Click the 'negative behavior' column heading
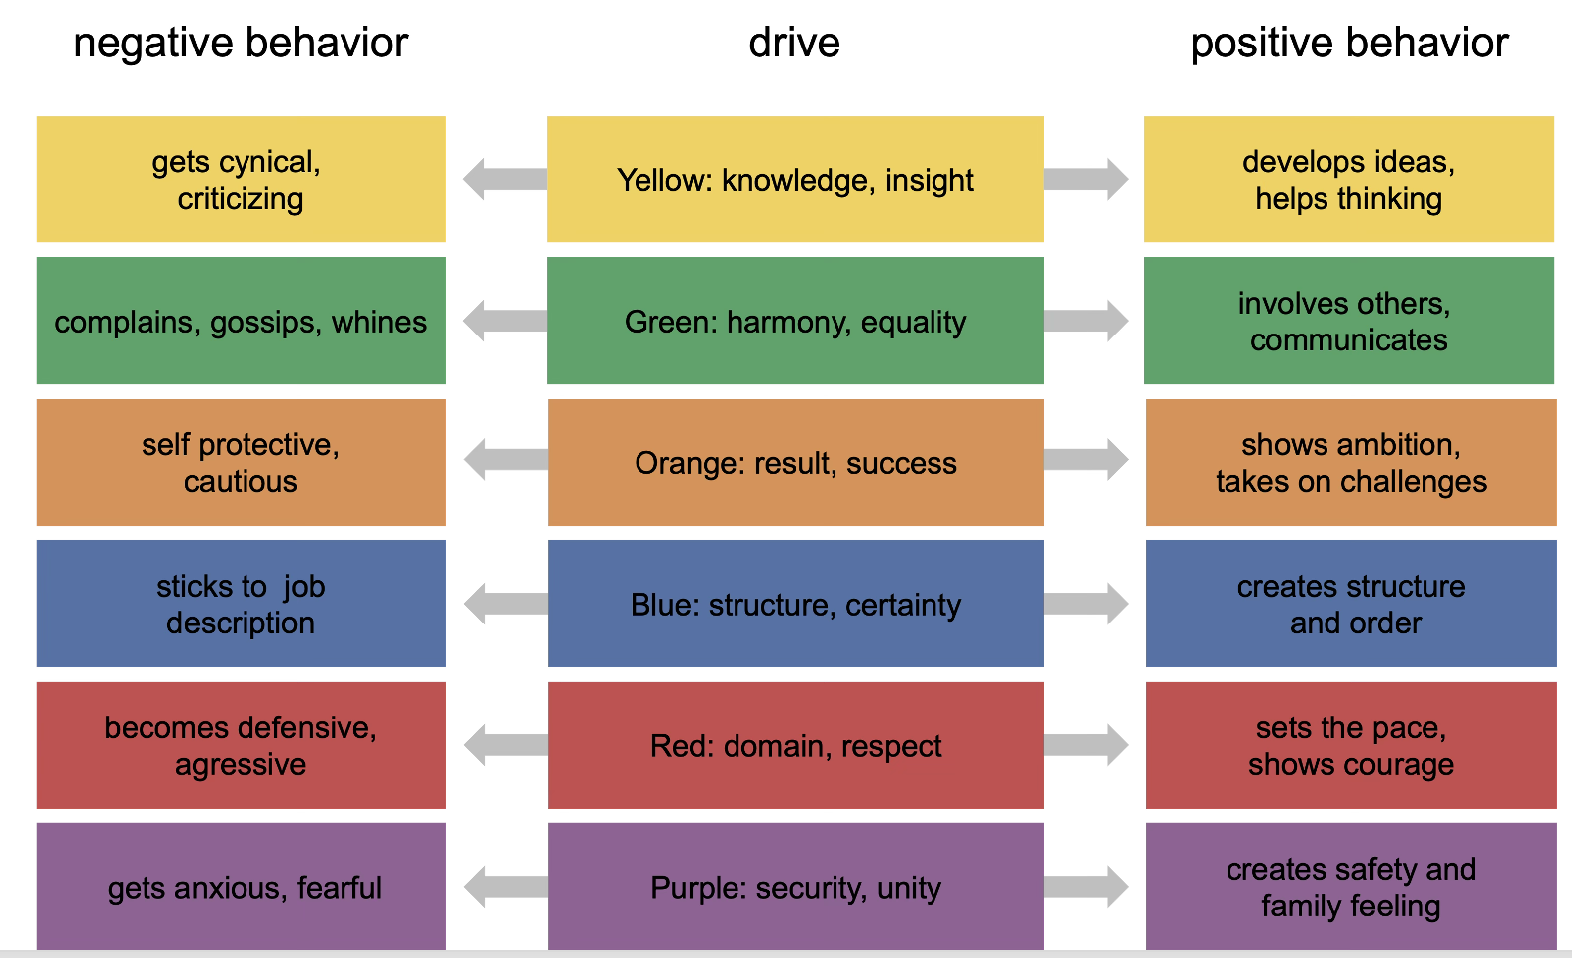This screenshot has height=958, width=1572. pos(241,44)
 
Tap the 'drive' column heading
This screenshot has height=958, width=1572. pos(795,44)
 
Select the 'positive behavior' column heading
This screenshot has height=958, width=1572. pos(1349,44)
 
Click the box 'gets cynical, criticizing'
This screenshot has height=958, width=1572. pos(242,179)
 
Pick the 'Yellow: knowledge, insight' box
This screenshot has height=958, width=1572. pos(796,179)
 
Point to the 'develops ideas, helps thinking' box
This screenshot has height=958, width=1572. pos(1349,179)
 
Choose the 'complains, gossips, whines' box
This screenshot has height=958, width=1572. pos(242,321)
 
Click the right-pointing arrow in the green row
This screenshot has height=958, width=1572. pos(1086,321)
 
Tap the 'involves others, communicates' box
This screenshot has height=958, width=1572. pos(1349,321)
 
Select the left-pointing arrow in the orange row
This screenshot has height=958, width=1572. pos(506,459)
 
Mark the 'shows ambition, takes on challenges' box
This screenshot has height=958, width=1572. pos(1351,462)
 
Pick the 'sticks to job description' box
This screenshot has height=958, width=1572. pos(242,604)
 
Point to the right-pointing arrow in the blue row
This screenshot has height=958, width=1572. pos(1086,604)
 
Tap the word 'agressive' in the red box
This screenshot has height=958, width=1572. pos(241,765)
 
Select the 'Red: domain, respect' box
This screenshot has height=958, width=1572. pos(796,744)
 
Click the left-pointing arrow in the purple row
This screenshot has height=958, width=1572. pos(506,887)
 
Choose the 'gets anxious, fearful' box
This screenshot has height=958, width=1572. pos(242,887)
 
